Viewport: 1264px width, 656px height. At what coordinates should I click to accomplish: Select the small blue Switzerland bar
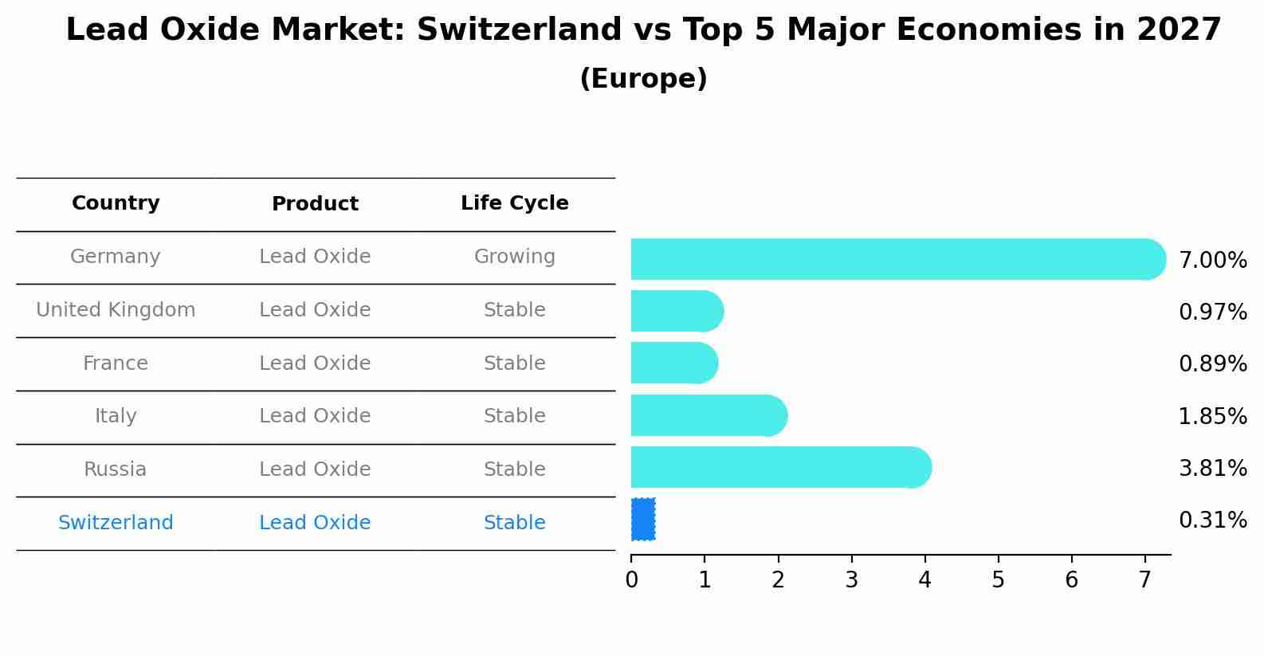(x=643, y=519)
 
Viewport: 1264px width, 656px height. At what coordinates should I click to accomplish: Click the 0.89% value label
(x=1212, y=364)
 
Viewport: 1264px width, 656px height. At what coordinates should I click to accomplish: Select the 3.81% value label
(x=1212, y=468)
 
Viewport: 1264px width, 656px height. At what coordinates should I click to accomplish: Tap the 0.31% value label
(x=1212, y=520)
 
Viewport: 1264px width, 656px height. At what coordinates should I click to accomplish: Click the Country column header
(x=116, y=203)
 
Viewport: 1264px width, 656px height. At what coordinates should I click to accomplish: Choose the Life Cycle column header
(x=514, y=203)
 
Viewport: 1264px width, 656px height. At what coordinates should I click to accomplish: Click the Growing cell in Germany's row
(x=514, y=257)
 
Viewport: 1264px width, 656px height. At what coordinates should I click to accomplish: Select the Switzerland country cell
(x=116, y=523)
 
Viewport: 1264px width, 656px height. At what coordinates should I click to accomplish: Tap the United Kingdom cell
(x=116, y=310)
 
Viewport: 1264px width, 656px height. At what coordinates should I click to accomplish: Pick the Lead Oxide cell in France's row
(x=315, y=363)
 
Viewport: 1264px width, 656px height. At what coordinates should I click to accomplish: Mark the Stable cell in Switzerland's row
(x=514, y=523)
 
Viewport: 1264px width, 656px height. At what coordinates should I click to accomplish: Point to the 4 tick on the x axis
(x=924, y=580)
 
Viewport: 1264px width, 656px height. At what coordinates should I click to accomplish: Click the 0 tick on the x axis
(x=631, y=580)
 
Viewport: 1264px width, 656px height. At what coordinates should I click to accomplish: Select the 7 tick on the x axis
(x=1144, y=580)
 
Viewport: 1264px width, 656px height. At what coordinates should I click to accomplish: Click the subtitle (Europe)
(x=643, y=79)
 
